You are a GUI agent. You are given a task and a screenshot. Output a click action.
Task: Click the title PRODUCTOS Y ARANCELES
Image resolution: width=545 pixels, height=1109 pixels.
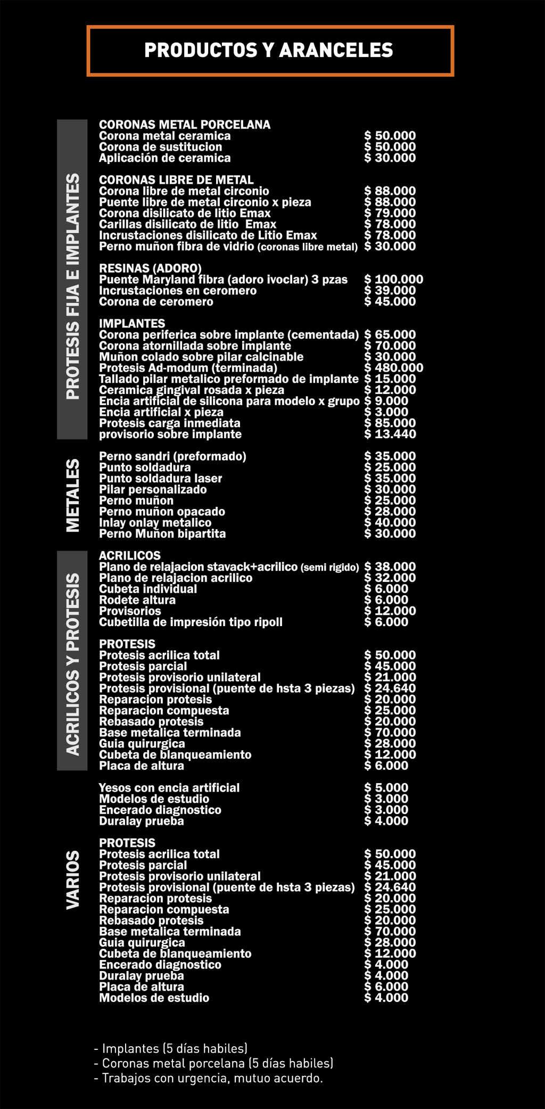(x=269, y=51)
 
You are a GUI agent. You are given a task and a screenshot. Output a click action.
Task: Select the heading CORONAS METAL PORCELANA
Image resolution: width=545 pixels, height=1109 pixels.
(x=185, y=125)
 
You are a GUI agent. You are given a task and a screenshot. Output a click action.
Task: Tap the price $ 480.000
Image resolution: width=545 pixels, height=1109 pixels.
(x=393, y=368)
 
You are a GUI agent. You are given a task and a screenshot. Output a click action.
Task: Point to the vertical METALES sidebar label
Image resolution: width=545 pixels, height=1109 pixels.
(x=73, y=495)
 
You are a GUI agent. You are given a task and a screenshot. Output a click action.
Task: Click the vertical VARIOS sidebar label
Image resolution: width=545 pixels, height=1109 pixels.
(x=73, y=880)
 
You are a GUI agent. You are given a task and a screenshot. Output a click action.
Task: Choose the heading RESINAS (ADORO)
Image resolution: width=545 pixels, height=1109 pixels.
(x=150, y=268)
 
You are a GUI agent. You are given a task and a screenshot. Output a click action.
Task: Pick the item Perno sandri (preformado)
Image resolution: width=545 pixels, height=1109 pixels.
(x=172, y=456)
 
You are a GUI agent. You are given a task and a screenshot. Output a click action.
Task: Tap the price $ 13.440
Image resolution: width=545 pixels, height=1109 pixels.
(x=390, y=434)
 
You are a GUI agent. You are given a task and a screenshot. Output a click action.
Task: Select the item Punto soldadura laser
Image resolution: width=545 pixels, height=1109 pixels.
(x=160, y=479)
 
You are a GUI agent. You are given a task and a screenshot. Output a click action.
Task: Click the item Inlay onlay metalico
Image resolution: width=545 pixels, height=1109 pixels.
(x=155, y=523)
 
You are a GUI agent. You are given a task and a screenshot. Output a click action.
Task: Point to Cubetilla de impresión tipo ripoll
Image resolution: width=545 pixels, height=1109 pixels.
(x=191, y=622)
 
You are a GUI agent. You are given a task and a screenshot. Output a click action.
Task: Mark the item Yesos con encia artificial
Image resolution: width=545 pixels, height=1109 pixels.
(x=169, y=788)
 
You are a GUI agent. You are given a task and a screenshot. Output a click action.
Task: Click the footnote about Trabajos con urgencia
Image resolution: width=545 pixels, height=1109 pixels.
(x=209, y=1078)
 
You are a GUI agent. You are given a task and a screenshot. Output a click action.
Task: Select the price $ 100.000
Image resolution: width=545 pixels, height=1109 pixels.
(x=393, y=280)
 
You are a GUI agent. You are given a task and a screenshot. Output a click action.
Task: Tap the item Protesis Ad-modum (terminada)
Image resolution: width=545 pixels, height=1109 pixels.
(x=188, y=368)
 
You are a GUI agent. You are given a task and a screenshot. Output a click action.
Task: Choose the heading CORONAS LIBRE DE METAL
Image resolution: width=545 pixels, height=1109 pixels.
(x=176, y=180)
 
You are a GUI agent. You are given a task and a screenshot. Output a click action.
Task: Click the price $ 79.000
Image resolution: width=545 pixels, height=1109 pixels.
(x=390, y=213)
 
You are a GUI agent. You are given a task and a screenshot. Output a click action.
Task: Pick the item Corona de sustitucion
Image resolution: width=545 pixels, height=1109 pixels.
(x=160, y=147)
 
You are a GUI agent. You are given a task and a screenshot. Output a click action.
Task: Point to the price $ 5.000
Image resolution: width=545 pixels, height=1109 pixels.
(x=386, y=788)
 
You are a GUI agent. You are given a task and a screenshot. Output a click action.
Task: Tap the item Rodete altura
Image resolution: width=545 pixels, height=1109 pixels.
(x=137, y=600)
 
